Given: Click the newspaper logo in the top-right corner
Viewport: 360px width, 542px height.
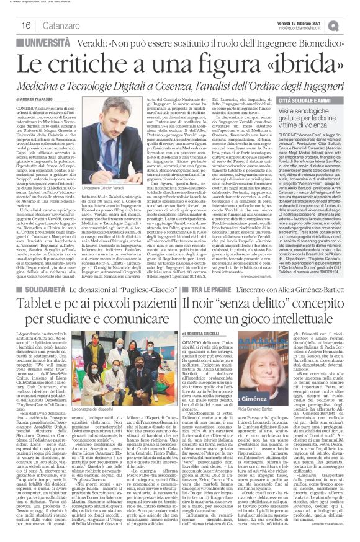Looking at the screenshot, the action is [x=348, y=24].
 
